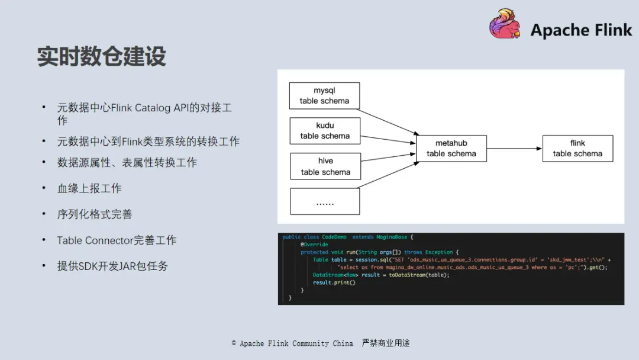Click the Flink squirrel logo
click(505, 25)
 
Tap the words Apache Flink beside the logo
click(581, 30)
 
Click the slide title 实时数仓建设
click(102, 57)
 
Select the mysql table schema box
click(324, 95)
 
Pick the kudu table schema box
click(325, 131)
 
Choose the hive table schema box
click(325, 166)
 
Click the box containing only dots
click(325, 201)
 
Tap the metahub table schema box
click(451, 149)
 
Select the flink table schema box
click(577, 149)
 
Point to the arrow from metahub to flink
click(514, 149)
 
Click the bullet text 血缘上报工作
click(89, 188)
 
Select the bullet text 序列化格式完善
click(95, 214)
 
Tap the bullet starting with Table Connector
click(117, 240)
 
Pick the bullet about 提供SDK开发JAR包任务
click(112, 266)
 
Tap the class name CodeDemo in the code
click(334, 237)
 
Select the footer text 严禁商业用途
click(386, 343)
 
